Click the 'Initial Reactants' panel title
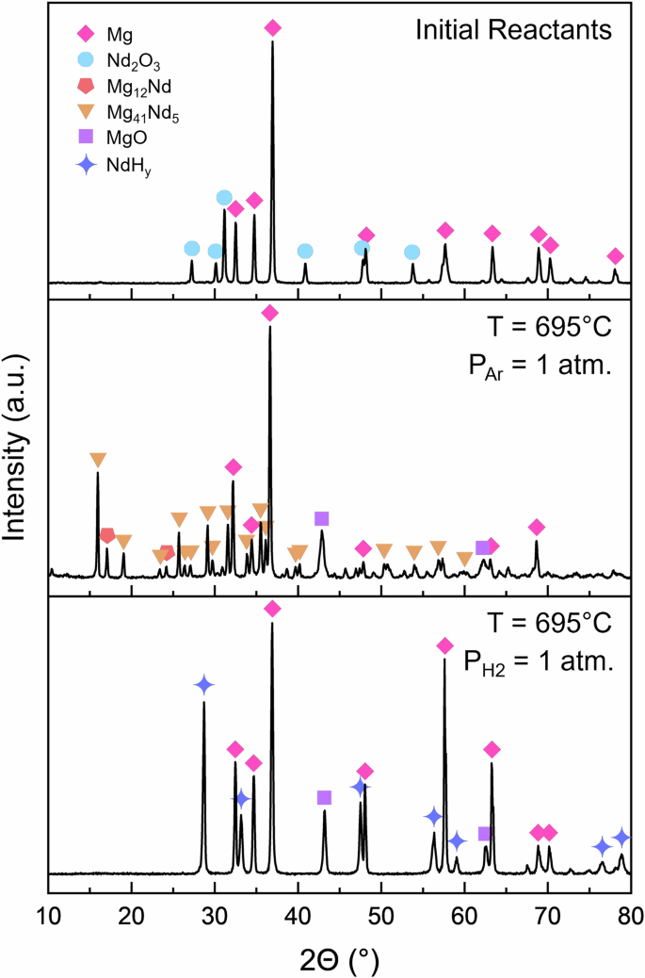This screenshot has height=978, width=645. [x=514, y=31]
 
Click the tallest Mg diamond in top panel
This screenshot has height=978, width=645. [x=273, y=28]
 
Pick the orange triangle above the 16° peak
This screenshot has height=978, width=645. [x=98, y=460]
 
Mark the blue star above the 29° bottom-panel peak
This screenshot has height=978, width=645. [x=203, y=685]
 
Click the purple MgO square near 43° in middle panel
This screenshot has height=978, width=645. [x=321, y=518]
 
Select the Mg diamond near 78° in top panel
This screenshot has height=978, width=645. [x=615, y=256]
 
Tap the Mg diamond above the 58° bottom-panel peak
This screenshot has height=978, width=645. [x=444, y=645]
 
